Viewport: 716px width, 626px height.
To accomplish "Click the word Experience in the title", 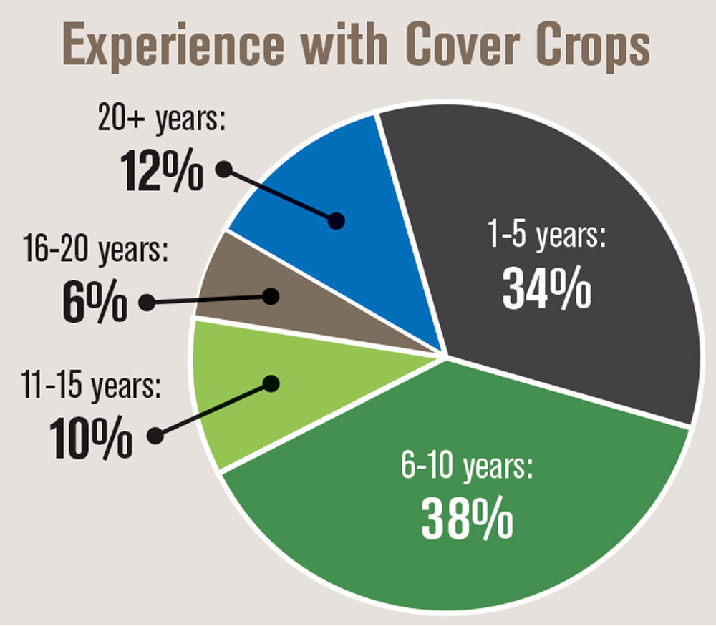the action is pyautogui.click(x=173, y=46).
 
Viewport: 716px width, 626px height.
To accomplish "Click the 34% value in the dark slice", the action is pyautogui.click(x=546, y=288).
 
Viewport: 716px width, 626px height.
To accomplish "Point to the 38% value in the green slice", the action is pyautogui.click(x=467, y=518).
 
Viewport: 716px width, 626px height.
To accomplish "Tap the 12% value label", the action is pyautogui.click(x=162, y=170).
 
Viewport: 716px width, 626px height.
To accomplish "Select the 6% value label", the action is pyautogui.click(x=95, y=300).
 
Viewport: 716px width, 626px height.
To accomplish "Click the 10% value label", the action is pyautogui.click(x=91, y=436).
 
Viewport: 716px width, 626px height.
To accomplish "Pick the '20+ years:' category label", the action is pyautogui.click(x=162, y=119).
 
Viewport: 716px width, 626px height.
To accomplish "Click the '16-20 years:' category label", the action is pyautogui.click(x=95, y=250).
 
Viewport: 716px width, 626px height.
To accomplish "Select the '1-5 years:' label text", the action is pyautogui.click(x=546, y=235).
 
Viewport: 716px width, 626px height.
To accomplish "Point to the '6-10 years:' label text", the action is pyautogui.click(x=467, y=466).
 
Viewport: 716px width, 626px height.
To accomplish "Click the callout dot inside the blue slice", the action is pyautogui.click(x=337, y=221).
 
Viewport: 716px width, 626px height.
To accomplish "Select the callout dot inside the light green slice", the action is pyautogui.click(x=271, y=383).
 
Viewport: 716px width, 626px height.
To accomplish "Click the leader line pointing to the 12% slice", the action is pyautogui.click(x=281, y=195).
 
